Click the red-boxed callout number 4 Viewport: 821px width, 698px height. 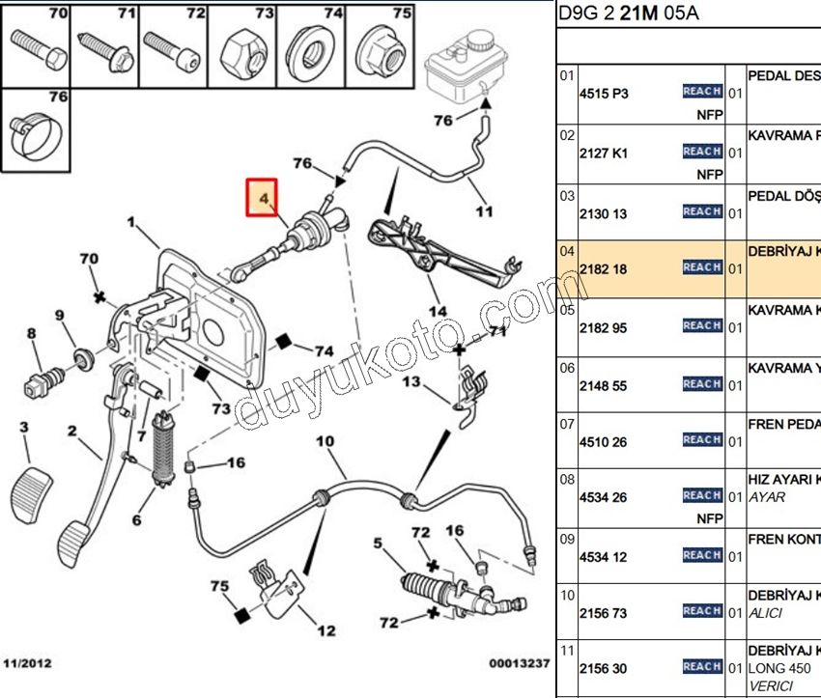[x=262, y=199]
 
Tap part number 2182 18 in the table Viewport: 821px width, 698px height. [x=603, y=269]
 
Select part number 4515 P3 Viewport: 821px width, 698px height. [x=603, y=94]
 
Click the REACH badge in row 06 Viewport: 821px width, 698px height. [x=702, y=384]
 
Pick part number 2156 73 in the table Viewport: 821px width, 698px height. [x=603, y=612]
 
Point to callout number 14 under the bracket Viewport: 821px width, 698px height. [x=439, y=311]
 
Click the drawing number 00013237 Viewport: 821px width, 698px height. [x=519, y=663]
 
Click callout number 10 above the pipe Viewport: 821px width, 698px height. [x=325, y=442]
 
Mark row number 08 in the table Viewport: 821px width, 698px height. [x=567, y=478]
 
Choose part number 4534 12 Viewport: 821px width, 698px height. [x=603, y=557]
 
